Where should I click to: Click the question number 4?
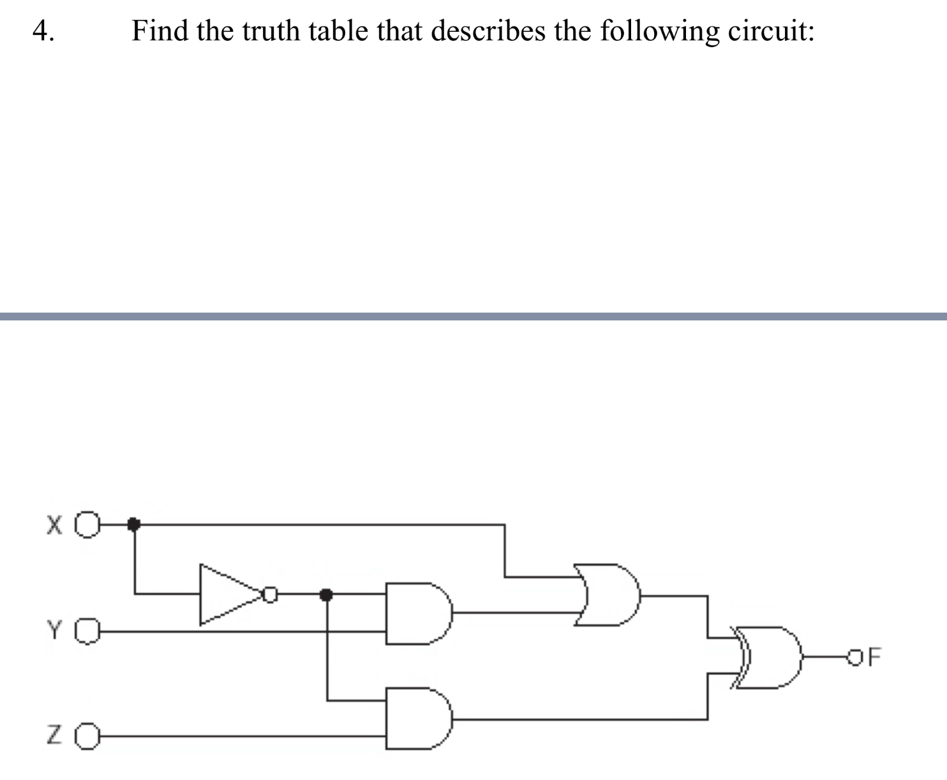(43, 31)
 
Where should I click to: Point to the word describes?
(488, 30)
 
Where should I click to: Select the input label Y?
(55, 631)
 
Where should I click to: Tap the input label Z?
(55, 736)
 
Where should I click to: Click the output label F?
(874, 656)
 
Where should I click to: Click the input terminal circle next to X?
(89, 525)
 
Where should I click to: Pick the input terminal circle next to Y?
(88, 631)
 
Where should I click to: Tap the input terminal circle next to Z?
(88, 737)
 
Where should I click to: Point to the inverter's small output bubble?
(271, 595)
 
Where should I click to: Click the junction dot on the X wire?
(133, 524)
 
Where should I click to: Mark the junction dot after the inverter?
(327, 595)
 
